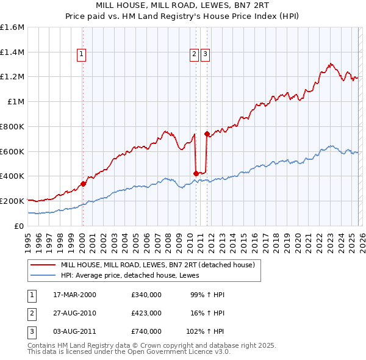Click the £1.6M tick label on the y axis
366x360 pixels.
pyautogui.click(x=12, y=27)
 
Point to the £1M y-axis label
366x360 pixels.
pyautogui.click(x=15, y=102)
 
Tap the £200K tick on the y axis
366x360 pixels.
pyautogui.click(x=12, y=201)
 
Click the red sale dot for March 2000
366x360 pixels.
pyautogui.click(x=84, y=183)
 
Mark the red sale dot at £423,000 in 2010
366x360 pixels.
pyautogui.click(x=196, y=173)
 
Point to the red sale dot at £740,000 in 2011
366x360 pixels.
pyautogui.click(x=207, y=134)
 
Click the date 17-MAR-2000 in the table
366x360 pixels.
pyautogui.click(x=74, y=295)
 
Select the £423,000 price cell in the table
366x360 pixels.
pyautogui.click(x=146, y=313)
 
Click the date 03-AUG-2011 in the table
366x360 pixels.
pyautogui.click(x=74, y=331)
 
